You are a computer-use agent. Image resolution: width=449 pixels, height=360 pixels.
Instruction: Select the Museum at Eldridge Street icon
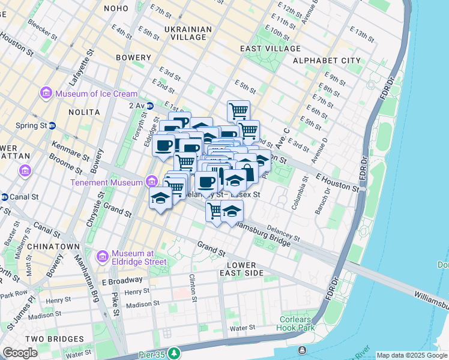(101, 256)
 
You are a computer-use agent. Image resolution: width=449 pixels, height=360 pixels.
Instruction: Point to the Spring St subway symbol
(52, 126)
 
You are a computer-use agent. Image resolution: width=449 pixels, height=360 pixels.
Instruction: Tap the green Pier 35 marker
(174, 352)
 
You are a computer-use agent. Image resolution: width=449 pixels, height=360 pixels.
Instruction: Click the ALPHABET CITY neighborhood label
(327, 61)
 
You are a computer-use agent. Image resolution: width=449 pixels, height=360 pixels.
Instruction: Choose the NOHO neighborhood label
(116, 8)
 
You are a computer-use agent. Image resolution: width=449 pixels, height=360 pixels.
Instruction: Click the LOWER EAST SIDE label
(242, 269)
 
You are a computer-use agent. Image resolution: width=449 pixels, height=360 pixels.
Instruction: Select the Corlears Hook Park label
(296, 323)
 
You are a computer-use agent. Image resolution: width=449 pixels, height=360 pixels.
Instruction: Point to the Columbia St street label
(295, 197)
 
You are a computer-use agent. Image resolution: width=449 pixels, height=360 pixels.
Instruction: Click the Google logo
(20, 353)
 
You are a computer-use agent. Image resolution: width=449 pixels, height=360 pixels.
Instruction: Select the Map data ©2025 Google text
(411, 355)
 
